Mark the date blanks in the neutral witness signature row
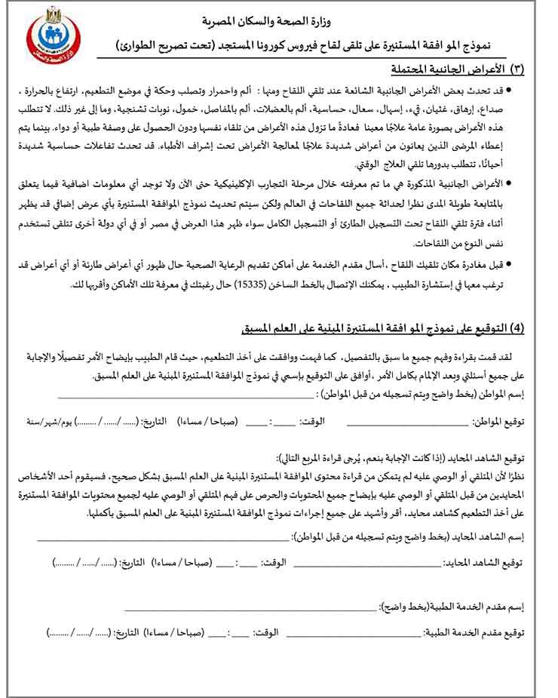84,563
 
